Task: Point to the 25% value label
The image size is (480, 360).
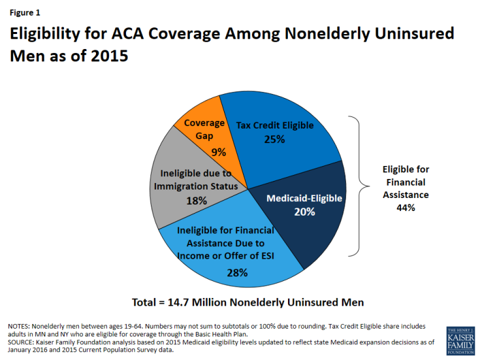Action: [x=275, y=139]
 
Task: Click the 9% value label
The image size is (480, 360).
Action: [x=218, y=152]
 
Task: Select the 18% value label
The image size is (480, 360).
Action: [x=195, y=201]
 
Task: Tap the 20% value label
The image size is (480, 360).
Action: [x=305, y=212]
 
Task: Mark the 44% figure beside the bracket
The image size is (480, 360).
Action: [x=406, y=208]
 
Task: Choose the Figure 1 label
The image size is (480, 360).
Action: [x=25, y=11]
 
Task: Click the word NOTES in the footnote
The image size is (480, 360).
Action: [x=20, y=326]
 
